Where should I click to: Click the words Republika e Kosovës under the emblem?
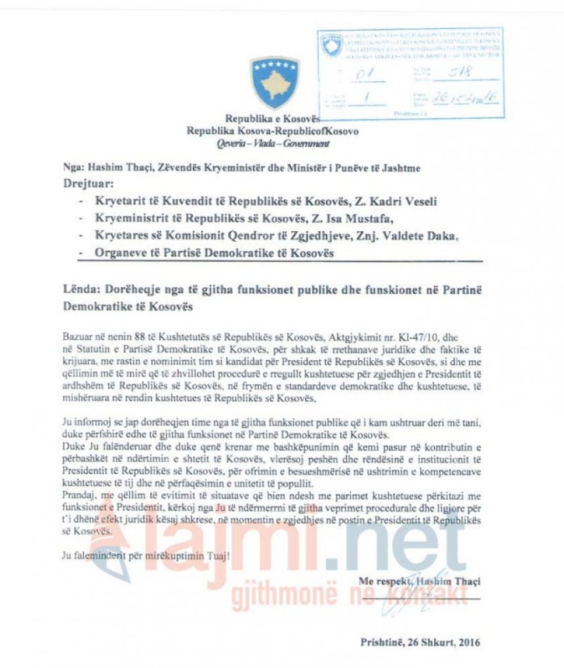pos(272,119)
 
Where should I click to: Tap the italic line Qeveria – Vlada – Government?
pos(272,141)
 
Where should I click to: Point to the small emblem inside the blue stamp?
pos(331,45)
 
